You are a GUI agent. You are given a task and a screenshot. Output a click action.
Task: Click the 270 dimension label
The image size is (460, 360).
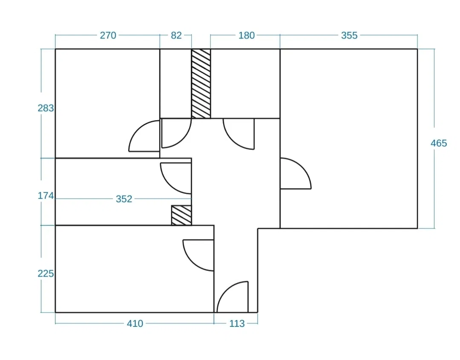point(108,35)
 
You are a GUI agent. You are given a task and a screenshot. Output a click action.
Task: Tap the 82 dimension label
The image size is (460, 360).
point(176,35)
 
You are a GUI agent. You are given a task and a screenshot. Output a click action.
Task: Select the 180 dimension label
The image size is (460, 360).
point(247,35)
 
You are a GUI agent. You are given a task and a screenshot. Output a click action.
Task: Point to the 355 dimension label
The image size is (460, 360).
point(349,35)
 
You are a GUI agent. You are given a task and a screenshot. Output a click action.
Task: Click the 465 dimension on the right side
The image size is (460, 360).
point(439,143)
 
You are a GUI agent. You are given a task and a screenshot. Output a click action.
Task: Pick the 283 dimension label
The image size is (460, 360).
point(46,108)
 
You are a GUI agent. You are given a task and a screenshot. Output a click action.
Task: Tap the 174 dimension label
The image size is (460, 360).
point(46,196)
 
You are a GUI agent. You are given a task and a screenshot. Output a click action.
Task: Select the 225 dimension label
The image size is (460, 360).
point(46,274)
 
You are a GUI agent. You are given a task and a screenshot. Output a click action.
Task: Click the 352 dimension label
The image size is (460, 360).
point(124,199)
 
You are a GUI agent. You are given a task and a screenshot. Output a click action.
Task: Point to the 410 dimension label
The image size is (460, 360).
point(135,324)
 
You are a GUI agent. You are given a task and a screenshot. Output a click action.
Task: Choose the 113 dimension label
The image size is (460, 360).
point(237,324)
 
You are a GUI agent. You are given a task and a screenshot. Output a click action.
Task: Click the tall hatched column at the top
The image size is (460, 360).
point(201,84)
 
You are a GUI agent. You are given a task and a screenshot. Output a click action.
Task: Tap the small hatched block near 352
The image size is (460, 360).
point(181,215)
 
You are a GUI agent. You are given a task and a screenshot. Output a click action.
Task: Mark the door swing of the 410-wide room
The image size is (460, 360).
point(191,262)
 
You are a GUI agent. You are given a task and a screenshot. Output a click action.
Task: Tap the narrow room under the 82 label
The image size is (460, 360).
point(175,84)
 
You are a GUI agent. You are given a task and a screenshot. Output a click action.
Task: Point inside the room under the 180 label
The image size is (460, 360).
point(245,84)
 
